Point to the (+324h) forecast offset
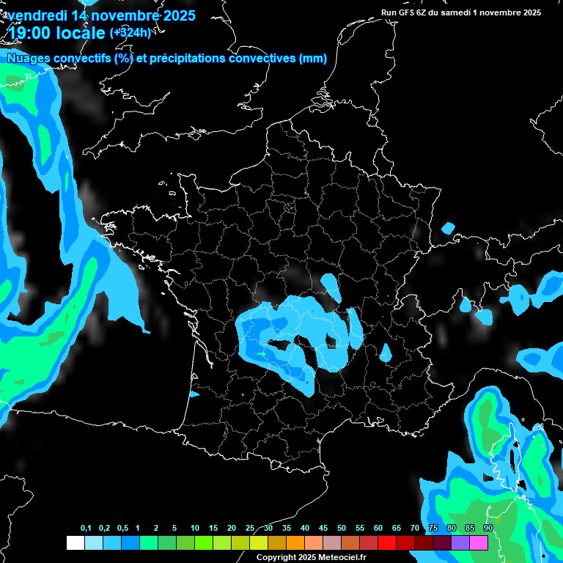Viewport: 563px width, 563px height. click(130, 32)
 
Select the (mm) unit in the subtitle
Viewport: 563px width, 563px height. click(313, 59)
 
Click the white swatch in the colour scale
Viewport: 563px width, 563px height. click(75, 542)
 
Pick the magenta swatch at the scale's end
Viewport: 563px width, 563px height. click(479, 542)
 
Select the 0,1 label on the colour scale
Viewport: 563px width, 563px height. click(86, 529)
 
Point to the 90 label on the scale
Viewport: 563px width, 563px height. click(488, 529)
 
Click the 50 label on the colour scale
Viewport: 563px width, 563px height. click(342, 529)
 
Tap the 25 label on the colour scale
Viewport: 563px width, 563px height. click(250, 529)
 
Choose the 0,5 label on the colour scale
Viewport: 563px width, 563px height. click(122, 529)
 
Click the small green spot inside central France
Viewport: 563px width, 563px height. click(262, 353)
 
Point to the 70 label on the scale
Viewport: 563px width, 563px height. click(415, 529)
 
